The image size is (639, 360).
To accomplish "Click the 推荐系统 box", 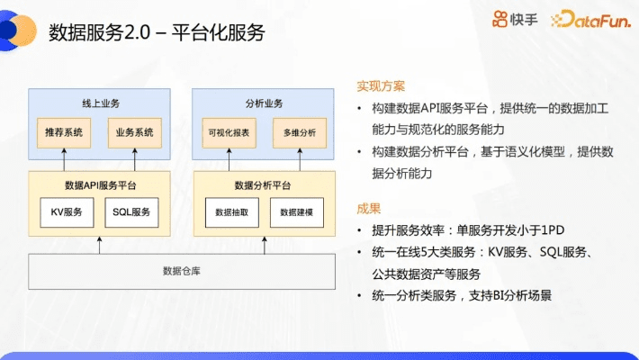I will tap(63, 132).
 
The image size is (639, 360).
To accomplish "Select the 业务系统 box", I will tap(134, 132).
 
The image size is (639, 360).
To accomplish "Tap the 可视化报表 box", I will tap(228, 132).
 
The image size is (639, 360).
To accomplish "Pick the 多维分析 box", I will tap(299, 132).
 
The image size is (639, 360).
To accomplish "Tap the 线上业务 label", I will tap(99, 101).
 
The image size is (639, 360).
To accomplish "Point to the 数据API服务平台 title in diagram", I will tap(99, 184).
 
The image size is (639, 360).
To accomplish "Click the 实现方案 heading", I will tap(381, 86).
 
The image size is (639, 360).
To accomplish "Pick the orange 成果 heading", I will tap(369, 208).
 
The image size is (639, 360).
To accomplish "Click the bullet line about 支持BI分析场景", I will tap(459, 295).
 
